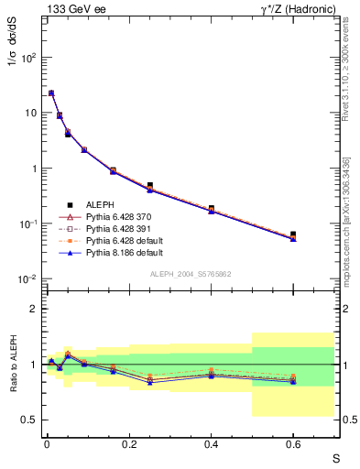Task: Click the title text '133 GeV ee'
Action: point(72,8)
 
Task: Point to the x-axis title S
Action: point(335,458)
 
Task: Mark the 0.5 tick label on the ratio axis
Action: point(29,420)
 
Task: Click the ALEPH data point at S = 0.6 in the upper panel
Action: point(293,234)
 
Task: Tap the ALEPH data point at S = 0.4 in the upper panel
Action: point(212,208)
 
